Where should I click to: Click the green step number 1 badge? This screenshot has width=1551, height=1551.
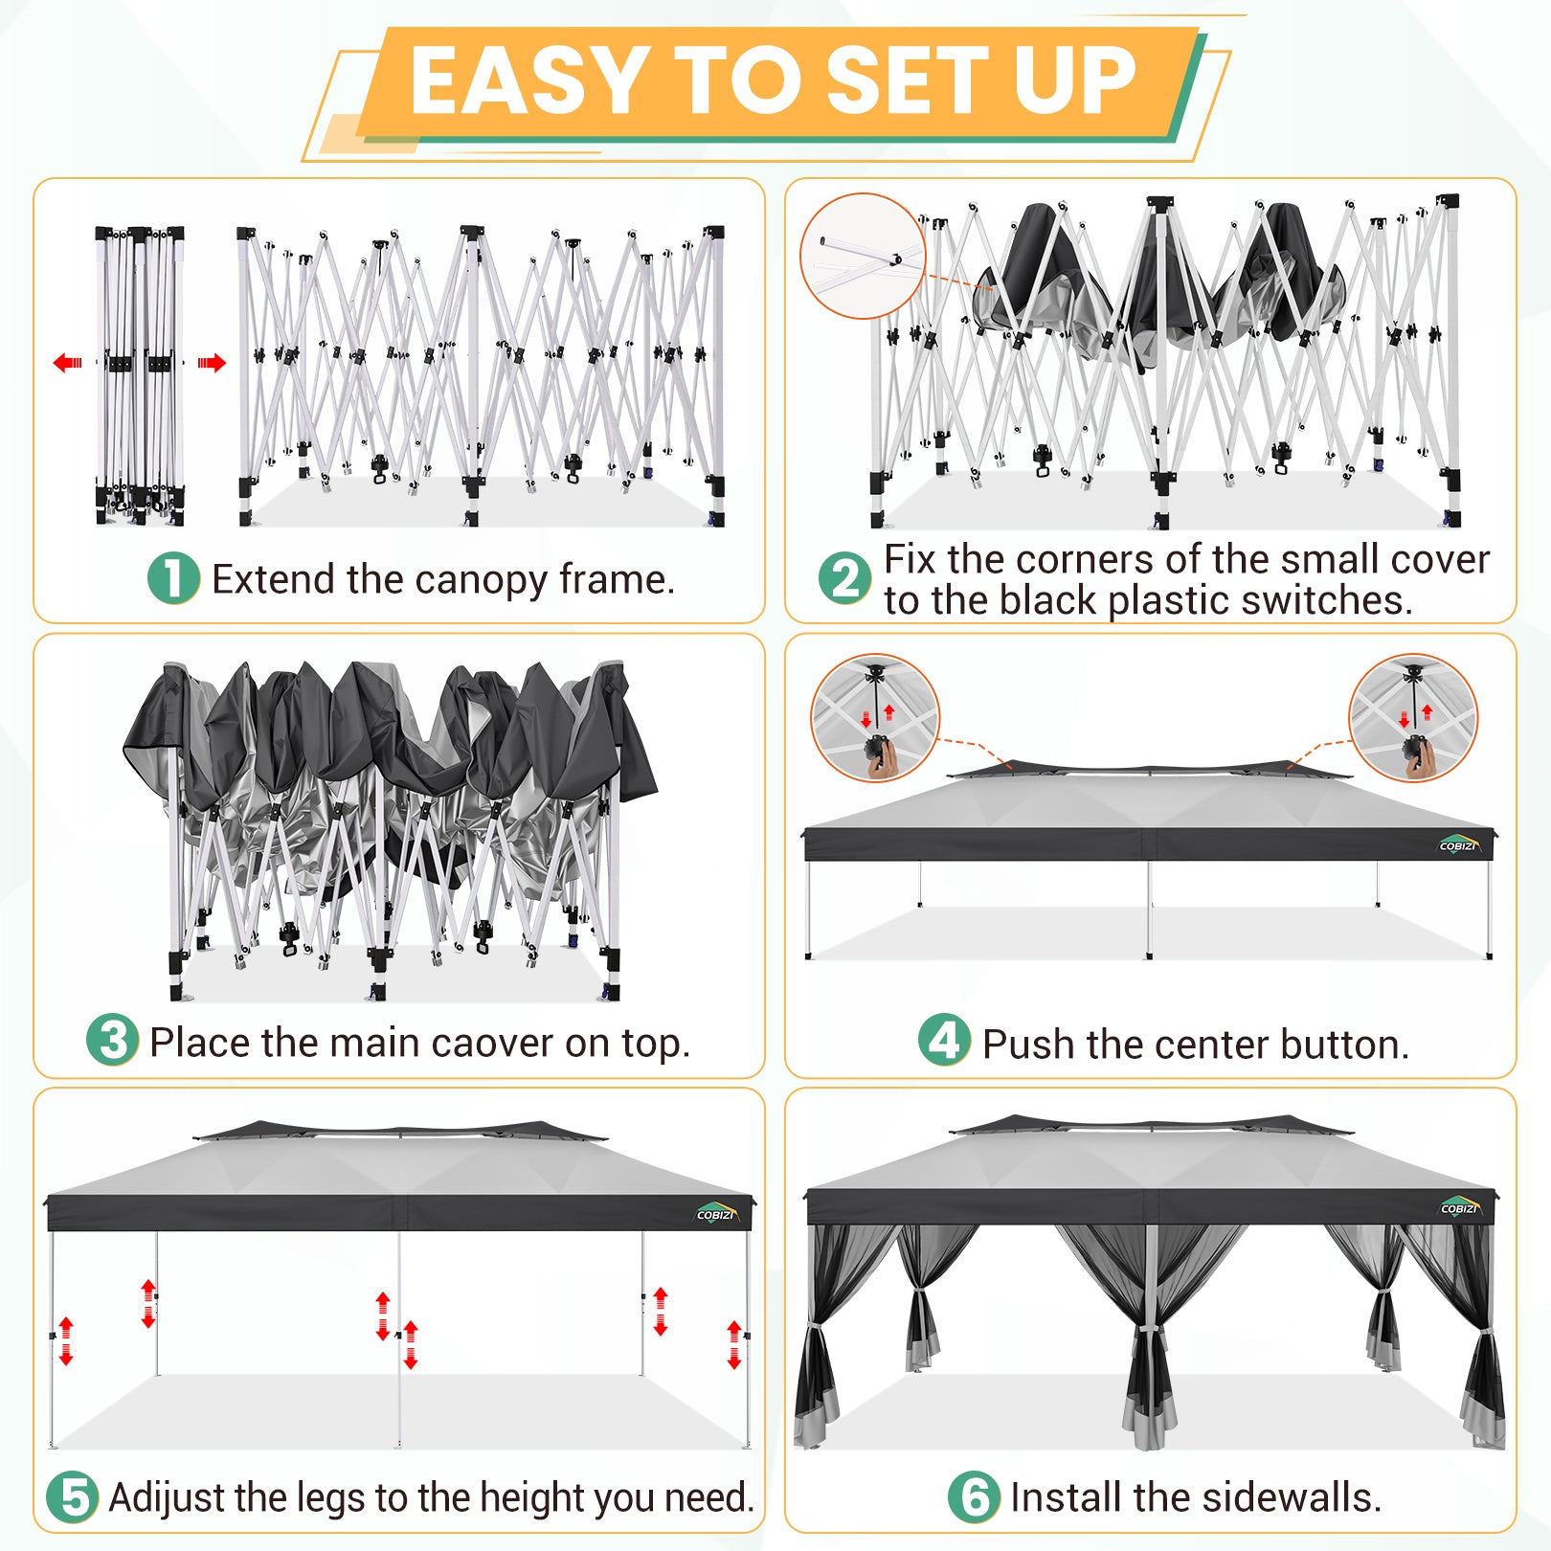[173, 578]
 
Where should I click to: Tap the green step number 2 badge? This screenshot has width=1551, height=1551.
[845, 578]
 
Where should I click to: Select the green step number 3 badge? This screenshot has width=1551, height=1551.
[113, 1041]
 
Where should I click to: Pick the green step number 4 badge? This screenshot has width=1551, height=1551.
[945, 1041]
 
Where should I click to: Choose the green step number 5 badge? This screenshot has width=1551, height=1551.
[73, 1497]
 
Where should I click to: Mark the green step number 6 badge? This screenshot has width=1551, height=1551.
[975, 1497]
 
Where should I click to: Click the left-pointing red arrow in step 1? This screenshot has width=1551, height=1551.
[68, 363]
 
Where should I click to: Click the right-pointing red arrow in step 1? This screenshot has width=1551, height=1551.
[212, 363]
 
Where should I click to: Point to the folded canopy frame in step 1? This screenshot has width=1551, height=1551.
[140, 375]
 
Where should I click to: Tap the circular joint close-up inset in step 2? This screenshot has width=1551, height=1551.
[863, 256]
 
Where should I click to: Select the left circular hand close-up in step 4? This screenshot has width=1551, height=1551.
[875, 717]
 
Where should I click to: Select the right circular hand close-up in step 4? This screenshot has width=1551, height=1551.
[1413, 717]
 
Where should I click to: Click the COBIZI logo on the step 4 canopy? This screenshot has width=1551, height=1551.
[1459, 844]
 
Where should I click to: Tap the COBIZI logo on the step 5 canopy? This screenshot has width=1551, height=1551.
[716, 1213]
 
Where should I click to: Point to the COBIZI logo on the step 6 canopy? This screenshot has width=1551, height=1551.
[1460, 1207]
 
